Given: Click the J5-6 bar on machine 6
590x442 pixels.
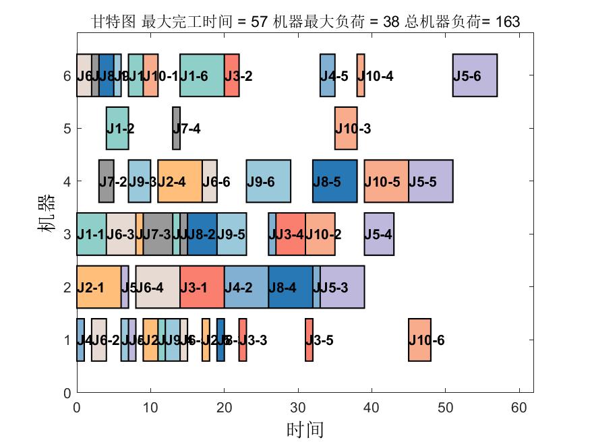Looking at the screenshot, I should click(475, 75).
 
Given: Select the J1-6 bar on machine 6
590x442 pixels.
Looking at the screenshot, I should click(202, 75).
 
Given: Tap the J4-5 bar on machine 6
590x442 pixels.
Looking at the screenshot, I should click(327, 75).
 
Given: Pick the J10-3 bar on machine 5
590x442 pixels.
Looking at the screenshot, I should click(346, 128).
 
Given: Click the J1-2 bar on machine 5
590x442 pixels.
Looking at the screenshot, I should click(117, 128).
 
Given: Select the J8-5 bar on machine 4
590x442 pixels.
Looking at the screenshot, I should click(334, 181).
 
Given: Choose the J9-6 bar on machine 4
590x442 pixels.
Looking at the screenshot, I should click(268, 181).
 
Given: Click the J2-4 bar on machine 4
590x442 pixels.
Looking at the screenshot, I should click(179, 181).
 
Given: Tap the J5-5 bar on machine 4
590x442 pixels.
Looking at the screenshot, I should click(430, 181).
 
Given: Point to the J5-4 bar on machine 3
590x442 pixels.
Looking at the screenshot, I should click(379, 234).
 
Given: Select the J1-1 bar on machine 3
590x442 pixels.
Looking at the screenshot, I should click(91, 234).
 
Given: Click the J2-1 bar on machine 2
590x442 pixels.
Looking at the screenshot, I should click(98, 287).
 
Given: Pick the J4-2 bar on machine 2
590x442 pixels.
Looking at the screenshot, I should click(246, 287).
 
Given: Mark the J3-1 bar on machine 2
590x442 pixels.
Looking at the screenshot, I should click(202, 287).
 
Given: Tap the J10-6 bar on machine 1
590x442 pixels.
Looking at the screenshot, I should click(419, 340).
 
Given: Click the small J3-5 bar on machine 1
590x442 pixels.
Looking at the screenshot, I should click(309, 340).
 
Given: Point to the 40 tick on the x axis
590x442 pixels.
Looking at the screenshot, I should click(372, 406).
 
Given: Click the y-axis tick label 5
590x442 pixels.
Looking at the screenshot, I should click(67, 128).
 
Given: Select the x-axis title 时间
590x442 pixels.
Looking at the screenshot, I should click(305, 429).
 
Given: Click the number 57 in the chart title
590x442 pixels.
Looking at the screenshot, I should click(258, 22).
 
